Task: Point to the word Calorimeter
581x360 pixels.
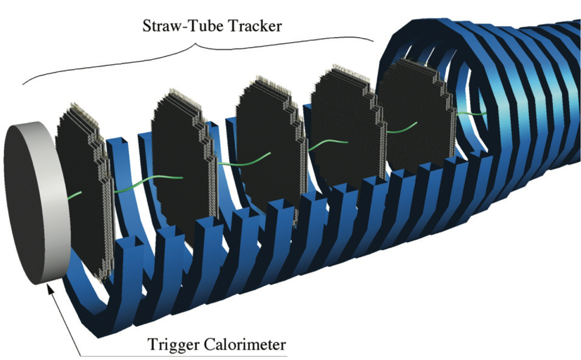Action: (245, 344)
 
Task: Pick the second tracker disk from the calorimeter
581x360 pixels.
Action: (178, 166)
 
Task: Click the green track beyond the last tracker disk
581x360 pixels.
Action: (472, 114)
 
